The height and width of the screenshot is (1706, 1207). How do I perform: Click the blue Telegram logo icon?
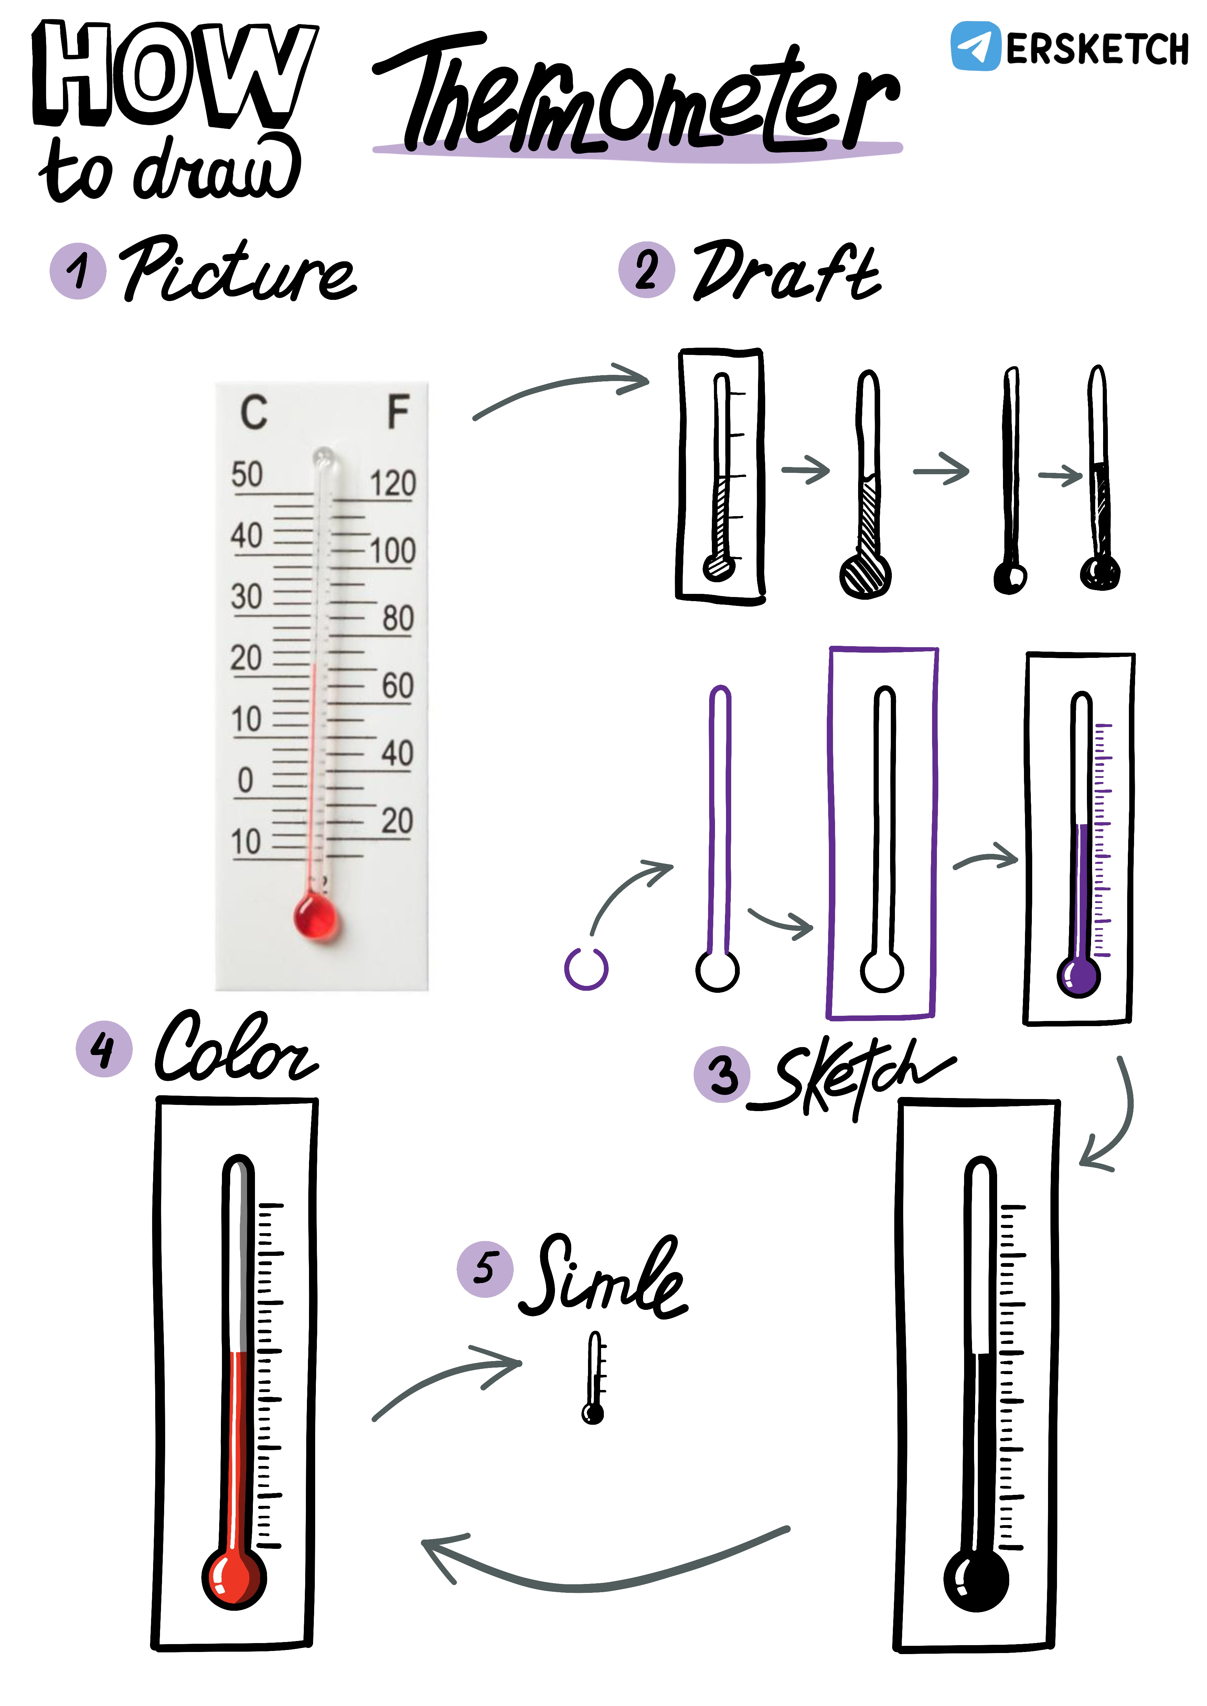(x=975, y=46)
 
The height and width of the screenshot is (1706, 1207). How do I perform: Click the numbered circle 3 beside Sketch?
(x=722, y=1074)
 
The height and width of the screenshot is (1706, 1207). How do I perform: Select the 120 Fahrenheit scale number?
(x=393, y=484)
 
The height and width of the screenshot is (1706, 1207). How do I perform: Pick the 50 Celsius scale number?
(x=247, y=474)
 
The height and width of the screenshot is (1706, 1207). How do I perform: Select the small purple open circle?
(x=586, y=968)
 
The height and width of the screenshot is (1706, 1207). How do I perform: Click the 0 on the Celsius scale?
(x=245, y=780)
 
